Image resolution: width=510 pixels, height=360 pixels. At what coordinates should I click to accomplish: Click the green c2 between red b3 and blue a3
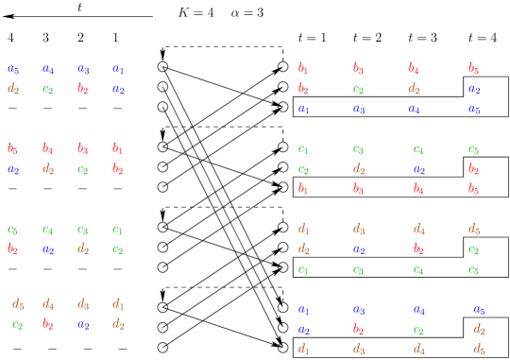(x=358, y=89)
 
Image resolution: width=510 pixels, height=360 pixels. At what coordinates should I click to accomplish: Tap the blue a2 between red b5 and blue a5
(x=474, y=89)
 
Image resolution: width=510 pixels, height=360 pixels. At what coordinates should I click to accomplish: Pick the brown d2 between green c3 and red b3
(x=358, y=169)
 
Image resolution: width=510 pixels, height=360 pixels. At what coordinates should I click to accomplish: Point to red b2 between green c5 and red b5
(x=474, y=169)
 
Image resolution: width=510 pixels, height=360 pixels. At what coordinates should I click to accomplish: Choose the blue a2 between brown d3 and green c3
(x=358, y=249)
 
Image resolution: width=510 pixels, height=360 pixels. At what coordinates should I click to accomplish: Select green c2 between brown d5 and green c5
(x=474, y=249)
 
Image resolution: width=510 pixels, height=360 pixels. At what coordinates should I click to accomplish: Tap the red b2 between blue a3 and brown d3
(x=358, y=329)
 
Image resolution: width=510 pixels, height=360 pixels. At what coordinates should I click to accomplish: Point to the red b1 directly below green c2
(x=303, y=189)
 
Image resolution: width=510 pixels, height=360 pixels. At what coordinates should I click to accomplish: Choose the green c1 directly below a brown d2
(x=303, y=269)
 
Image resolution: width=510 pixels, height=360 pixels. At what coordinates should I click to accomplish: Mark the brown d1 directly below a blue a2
(x=303, y=349)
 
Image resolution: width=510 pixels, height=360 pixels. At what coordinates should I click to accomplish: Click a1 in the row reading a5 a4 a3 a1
(x=118, y=69)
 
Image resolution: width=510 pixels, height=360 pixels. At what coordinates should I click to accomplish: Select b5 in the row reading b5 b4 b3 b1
(x=12, y=148)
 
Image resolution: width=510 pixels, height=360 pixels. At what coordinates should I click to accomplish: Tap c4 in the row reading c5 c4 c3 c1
(x=47, y=229)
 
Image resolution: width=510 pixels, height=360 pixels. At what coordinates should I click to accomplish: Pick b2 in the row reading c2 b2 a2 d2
(x=47, y=324)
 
